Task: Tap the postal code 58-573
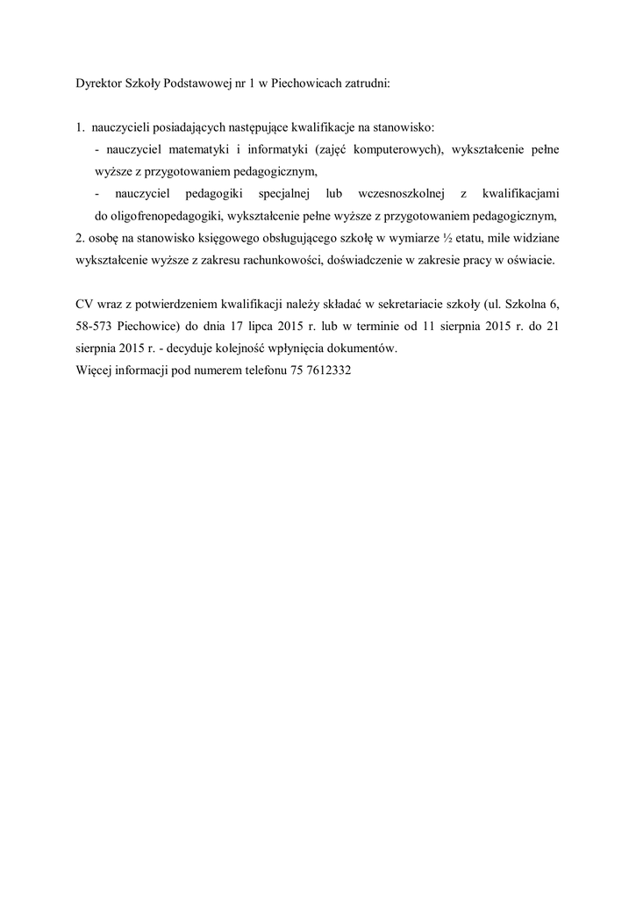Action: (x=95, y=327)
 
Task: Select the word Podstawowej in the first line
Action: (x=195, y=85)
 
